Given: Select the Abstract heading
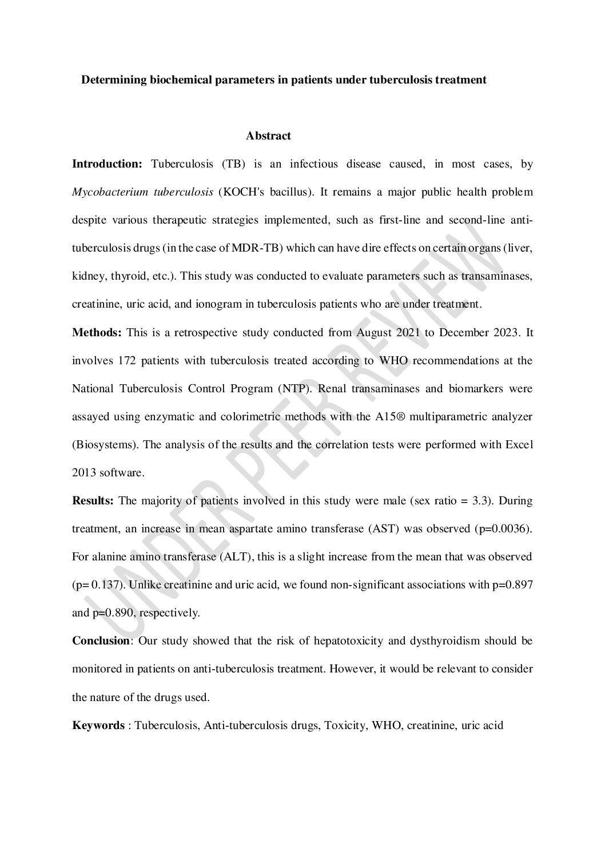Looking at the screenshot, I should coord(268,136).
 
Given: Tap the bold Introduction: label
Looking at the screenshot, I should coord(107,164).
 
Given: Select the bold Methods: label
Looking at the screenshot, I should coord(97,332).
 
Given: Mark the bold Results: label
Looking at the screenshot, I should coord(93,500).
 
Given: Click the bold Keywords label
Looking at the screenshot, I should coord(98,726).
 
